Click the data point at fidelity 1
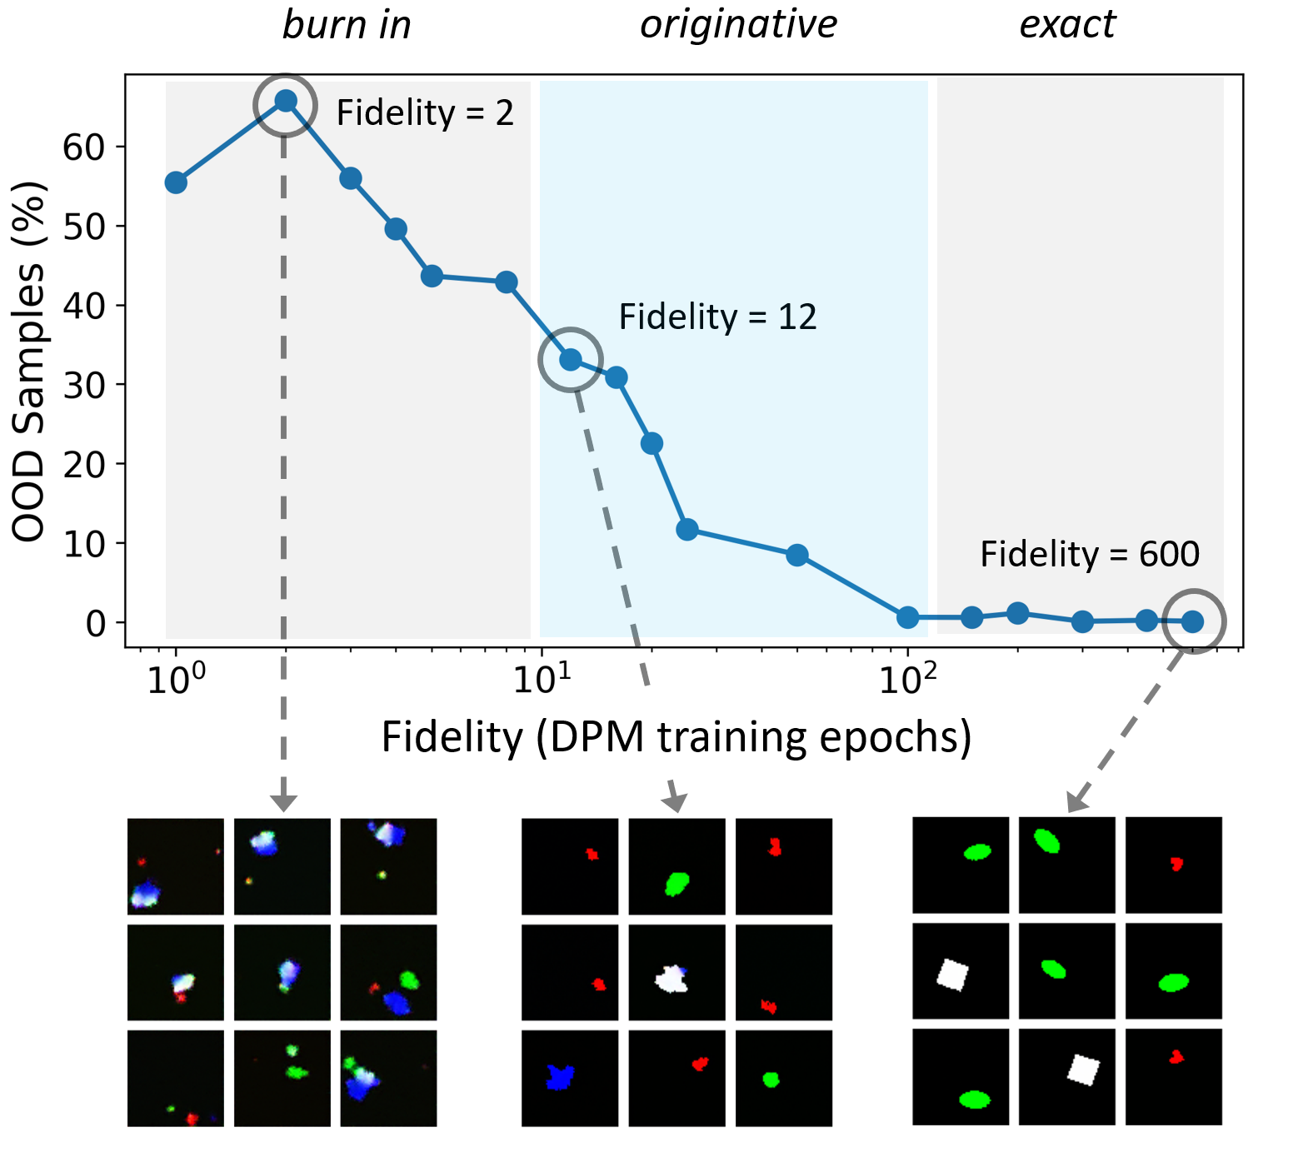pyautogui.click(x=176, y=182)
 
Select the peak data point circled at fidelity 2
pyautogui.click(x=286, y=102)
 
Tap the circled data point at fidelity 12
pyautogui.click(x=571, y=360)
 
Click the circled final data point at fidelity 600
pyautogui.click(x=1192, y=621)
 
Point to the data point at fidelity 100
pyautogui.click(x=908, y=617)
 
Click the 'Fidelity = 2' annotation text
pyautogui.click(x=425, y=113)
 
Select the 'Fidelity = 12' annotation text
pyautogui.click(x=717, y=317)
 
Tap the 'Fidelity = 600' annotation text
pyautogui.click(x=1089, y=555)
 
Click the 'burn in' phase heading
pyautogui.click(x=347, y=25)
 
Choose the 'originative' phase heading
pyautogui.click(x=738, y=25)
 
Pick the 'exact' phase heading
pyautogui.click(x=1067, y=25)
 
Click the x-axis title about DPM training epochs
pyautogui.click(x=676, y=737)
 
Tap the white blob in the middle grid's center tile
pyautogui.click(x=673, y=979)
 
